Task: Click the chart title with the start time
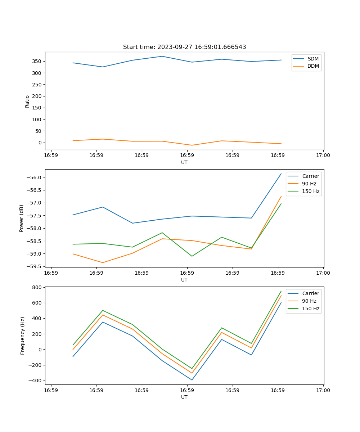184,47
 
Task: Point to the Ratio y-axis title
27,101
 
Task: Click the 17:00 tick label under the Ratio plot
323,156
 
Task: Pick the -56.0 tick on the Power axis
35,177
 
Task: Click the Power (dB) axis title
22,218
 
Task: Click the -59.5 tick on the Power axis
35,266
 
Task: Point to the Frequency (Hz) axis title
23,336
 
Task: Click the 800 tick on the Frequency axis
37,287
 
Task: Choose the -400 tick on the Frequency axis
35,381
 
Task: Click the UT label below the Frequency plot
184,397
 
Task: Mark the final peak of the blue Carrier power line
281,174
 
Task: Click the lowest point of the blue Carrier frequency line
192,380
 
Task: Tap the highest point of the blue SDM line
162,56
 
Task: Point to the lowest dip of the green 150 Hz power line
192,256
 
